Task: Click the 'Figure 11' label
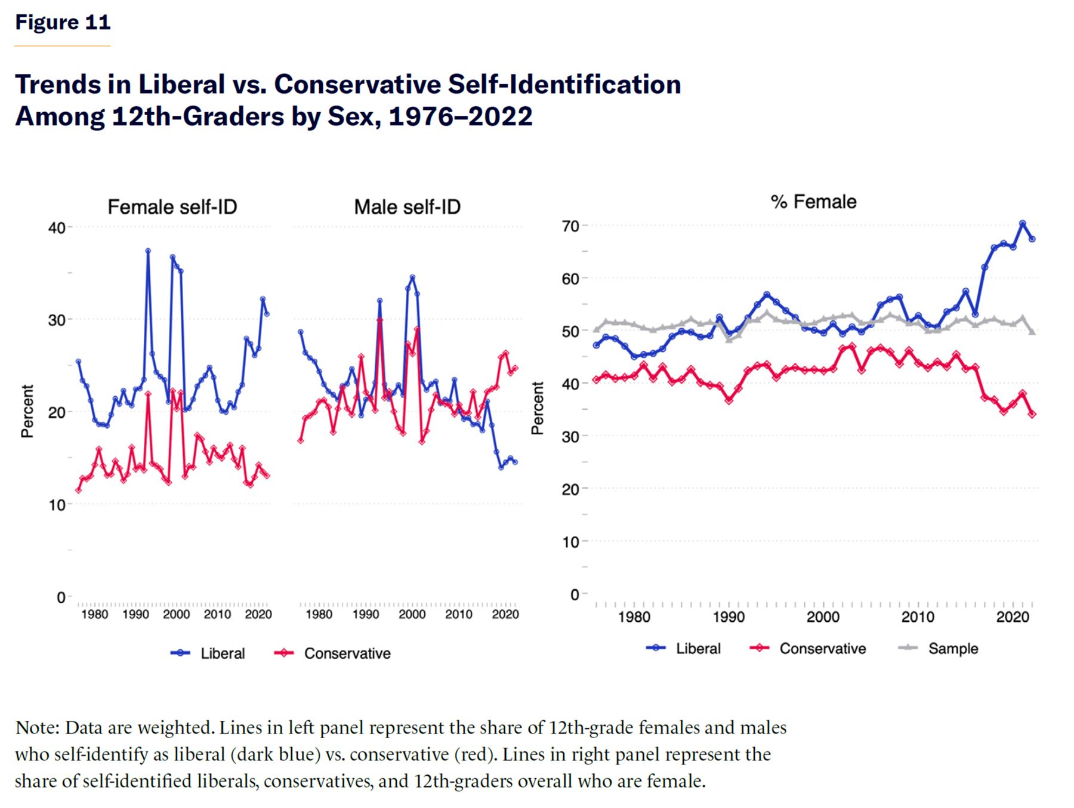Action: click(63, 23)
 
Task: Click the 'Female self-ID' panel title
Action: click(172, 207)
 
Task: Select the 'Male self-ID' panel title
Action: click(408, 207)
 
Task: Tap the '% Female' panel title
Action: click(814, 202)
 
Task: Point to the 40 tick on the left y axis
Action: click(57, 227)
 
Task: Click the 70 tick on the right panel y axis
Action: click(570, 226)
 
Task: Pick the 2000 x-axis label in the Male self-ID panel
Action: click(412, 615)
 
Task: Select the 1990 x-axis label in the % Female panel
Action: click(729, 616)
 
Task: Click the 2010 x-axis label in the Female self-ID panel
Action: click(217, 615)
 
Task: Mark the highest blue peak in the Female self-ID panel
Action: click(148, 251)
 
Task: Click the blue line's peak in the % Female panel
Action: click(1023, 224)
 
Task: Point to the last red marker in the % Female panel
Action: click(1032, 414)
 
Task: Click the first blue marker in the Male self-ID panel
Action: click(301, 332)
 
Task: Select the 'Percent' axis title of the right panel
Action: click(538, 408)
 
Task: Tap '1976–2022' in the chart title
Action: click(460, 116)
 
